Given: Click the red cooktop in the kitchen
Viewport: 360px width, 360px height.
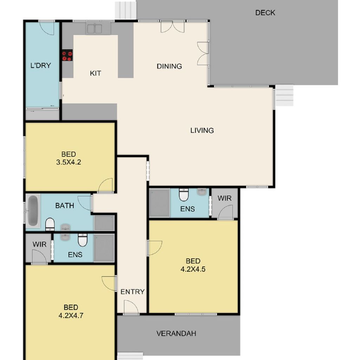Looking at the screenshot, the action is (x=67, y=55).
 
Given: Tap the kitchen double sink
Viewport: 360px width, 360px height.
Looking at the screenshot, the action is (x=94, y=29).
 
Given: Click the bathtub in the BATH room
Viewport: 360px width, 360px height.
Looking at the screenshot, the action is (x=33, y=211).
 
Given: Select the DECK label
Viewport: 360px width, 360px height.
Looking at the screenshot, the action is (x=265, y=13).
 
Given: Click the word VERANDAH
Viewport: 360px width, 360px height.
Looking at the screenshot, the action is (x=176, y=333).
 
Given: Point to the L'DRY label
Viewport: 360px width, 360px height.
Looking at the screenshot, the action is (x=41, y=65).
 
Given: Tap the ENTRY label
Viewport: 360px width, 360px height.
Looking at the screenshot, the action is (x=133, y=291).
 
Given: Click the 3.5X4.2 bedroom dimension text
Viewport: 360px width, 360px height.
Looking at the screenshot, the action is (x=69, y=162).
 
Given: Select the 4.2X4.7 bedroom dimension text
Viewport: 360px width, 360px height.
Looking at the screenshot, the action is (x=71, y=315).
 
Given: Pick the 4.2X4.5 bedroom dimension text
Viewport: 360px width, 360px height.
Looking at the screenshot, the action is (x=193, y=269).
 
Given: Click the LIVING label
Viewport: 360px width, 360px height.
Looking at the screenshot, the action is (x=202, y=130).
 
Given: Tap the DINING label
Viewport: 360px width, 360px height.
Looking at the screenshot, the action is (x=169, y=66).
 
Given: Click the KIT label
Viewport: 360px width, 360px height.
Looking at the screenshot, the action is (x=95, y=73).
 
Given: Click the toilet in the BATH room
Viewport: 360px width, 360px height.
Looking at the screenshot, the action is (x=50, y=224).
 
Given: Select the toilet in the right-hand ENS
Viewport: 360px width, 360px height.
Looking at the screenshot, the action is (x=184, y=195).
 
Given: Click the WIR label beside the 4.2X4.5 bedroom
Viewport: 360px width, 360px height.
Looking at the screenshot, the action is (x=224, y=198).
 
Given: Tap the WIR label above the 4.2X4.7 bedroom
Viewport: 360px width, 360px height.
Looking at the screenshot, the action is (x=39, y=244).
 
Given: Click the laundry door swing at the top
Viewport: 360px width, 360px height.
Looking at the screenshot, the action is (x=46, y=28).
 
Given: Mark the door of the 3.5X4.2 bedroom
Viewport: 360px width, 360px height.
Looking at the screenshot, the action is (x=105, y=185).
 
